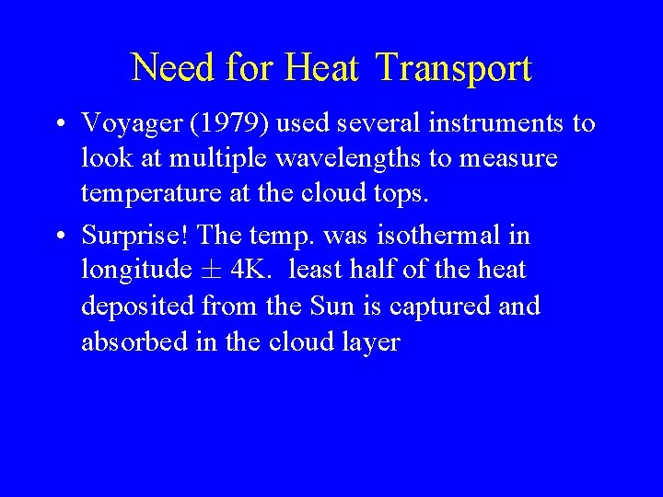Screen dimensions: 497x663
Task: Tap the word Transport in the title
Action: click(x=454, y=68)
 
